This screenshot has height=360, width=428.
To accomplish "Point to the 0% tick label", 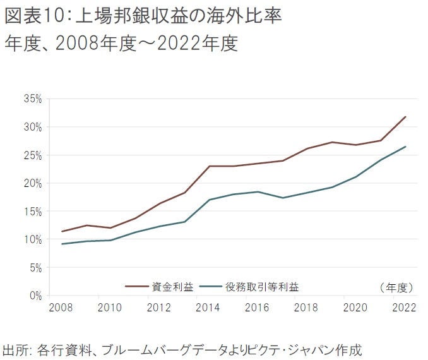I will (x=35, y=295).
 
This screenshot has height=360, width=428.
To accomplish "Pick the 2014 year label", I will (x=208, y=308).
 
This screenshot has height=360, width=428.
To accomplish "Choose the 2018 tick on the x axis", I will (x=307, y=308).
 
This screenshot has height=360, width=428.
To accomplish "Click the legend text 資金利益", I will (x=169, y=287).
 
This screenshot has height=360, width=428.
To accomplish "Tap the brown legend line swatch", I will (x=136, y=287).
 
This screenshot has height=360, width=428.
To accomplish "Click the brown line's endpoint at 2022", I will (x=405, y=117).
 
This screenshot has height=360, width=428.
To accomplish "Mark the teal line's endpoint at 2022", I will (x=405, y=147).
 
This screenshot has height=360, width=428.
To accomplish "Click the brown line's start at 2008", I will (x=61, y=231).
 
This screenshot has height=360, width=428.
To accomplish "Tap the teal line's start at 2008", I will (x=61, y=244).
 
